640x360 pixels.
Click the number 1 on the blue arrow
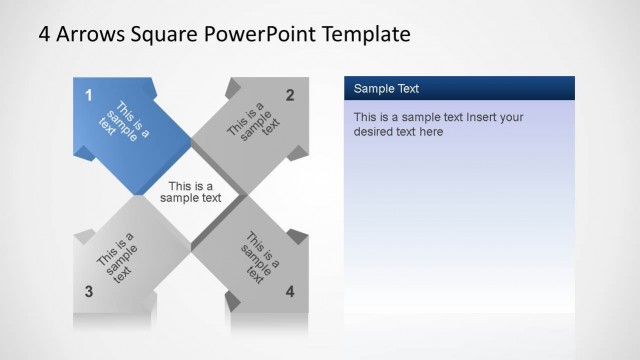pos(88,95)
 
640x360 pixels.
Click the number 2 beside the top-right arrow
pos(290,95)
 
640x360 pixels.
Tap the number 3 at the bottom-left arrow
pos(88,292)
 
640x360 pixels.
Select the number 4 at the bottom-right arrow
pos(290,292)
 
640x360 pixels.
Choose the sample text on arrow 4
pos(258,258)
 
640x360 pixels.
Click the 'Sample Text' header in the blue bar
pos(386,89)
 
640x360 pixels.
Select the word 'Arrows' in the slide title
pos(91,34)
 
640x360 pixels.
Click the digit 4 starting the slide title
pos(44,34)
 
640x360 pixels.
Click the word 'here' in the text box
pos(430,131)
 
